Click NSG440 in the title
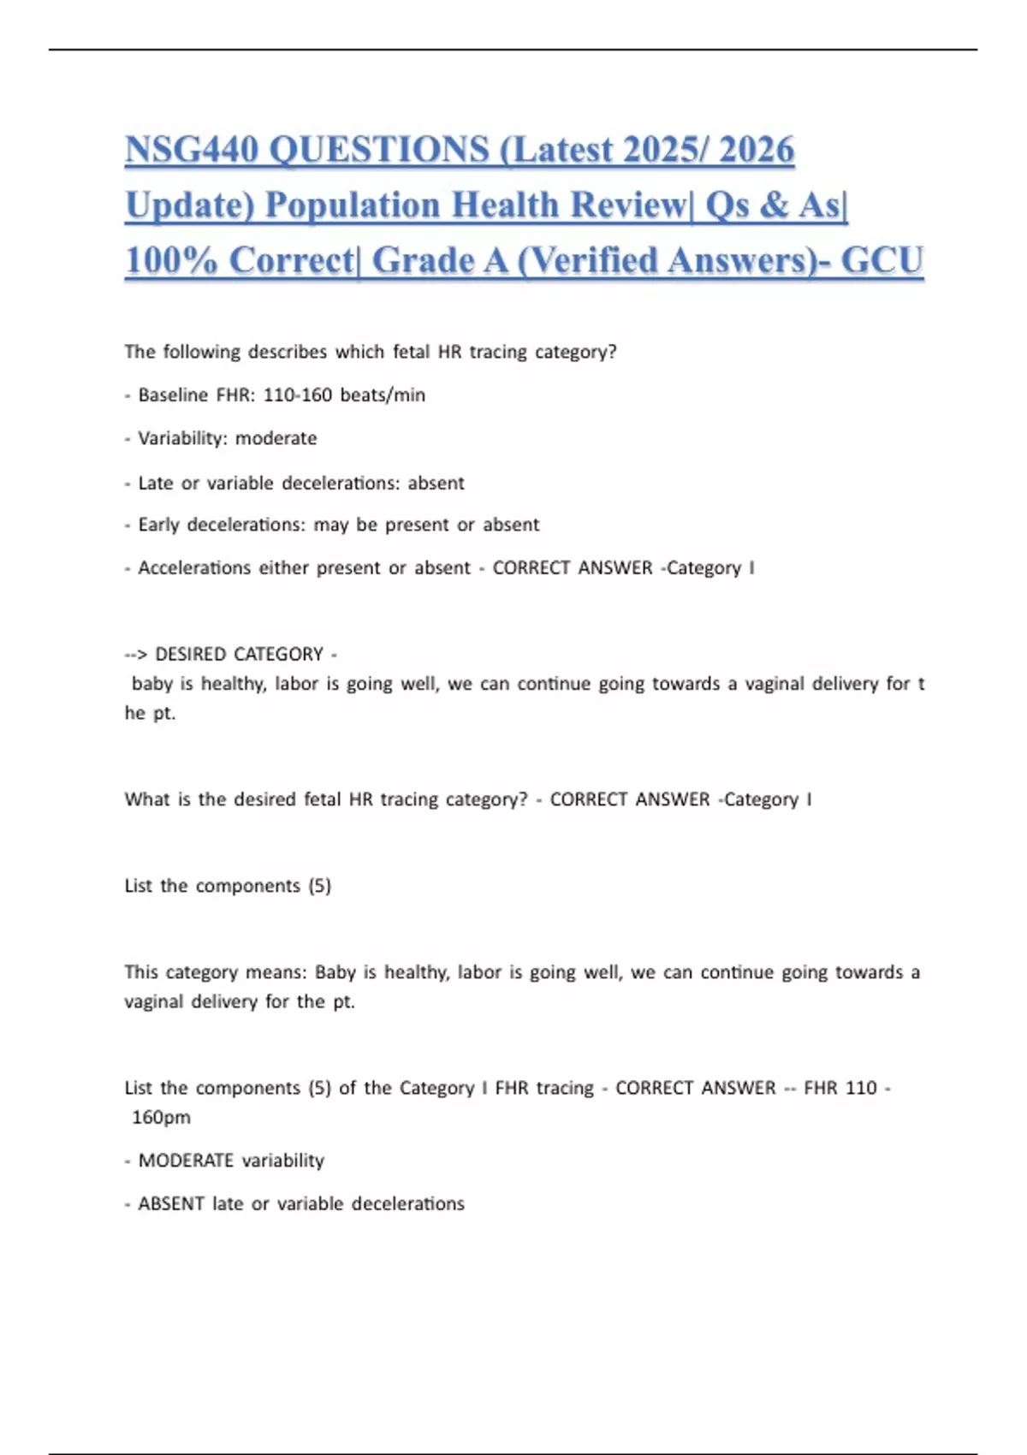[192, 150]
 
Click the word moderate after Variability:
[276, 438]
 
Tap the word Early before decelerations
[158, 525]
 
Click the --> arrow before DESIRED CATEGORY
[136, 655]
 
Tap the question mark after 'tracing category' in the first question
[612, 352]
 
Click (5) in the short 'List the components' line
[319, 886]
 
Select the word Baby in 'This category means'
[335, 972]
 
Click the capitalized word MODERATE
[186, 1161]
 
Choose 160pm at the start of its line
[161, 1118]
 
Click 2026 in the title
[757, 150]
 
